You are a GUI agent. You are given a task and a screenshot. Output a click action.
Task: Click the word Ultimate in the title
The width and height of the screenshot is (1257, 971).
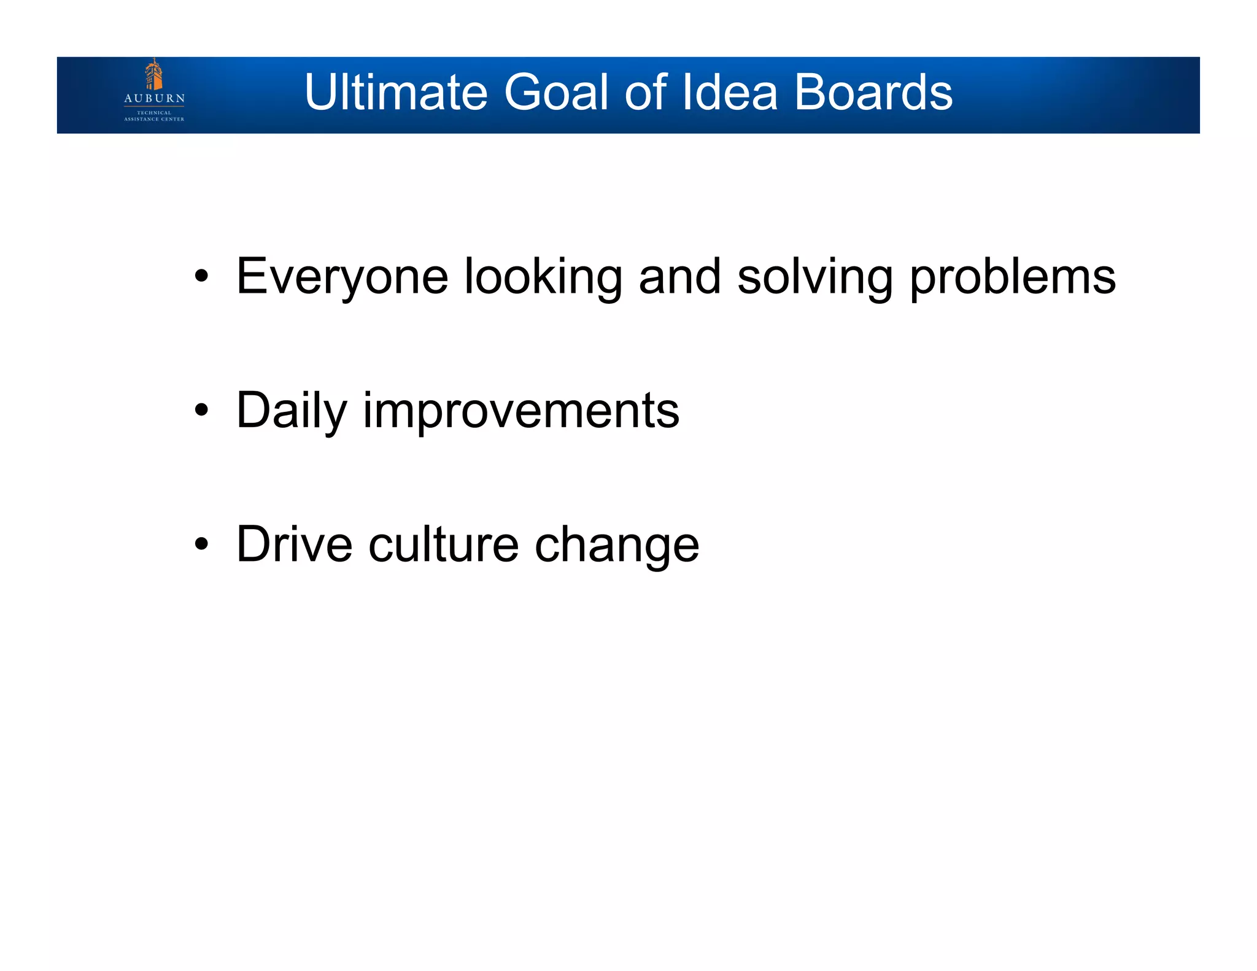396,92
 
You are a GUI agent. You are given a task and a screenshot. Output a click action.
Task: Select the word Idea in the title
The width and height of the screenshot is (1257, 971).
730,92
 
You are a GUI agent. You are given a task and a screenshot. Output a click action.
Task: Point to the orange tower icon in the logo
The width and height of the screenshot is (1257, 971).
153,75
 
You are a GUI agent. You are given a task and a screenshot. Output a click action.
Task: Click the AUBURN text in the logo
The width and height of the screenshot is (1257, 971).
154,98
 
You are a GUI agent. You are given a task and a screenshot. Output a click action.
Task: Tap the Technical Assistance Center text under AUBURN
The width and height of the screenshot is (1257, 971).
154,116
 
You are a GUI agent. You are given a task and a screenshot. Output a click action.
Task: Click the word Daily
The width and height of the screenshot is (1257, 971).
292,411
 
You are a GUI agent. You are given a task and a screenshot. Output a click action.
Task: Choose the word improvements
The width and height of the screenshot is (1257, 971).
521,411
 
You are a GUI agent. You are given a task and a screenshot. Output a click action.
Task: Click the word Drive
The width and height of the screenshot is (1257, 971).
294,544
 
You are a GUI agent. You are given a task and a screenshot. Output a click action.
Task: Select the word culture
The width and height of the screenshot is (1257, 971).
443,544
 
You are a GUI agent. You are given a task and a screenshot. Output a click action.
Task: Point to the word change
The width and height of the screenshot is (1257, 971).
616,545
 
